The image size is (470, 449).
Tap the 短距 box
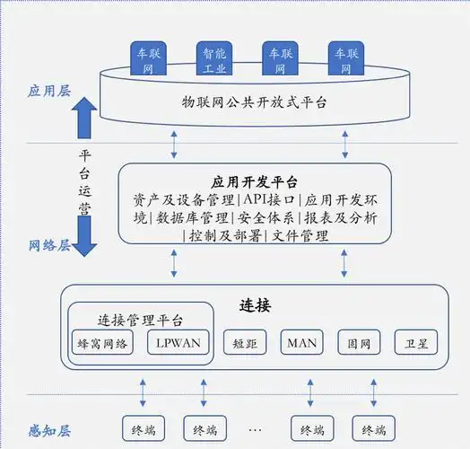tap(245, 342)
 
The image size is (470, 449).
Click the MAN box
tap(303, 342)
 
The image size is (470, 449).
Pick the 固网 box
tap(360, 342)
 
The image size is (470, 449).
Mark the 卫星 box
tap(415, 342)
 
